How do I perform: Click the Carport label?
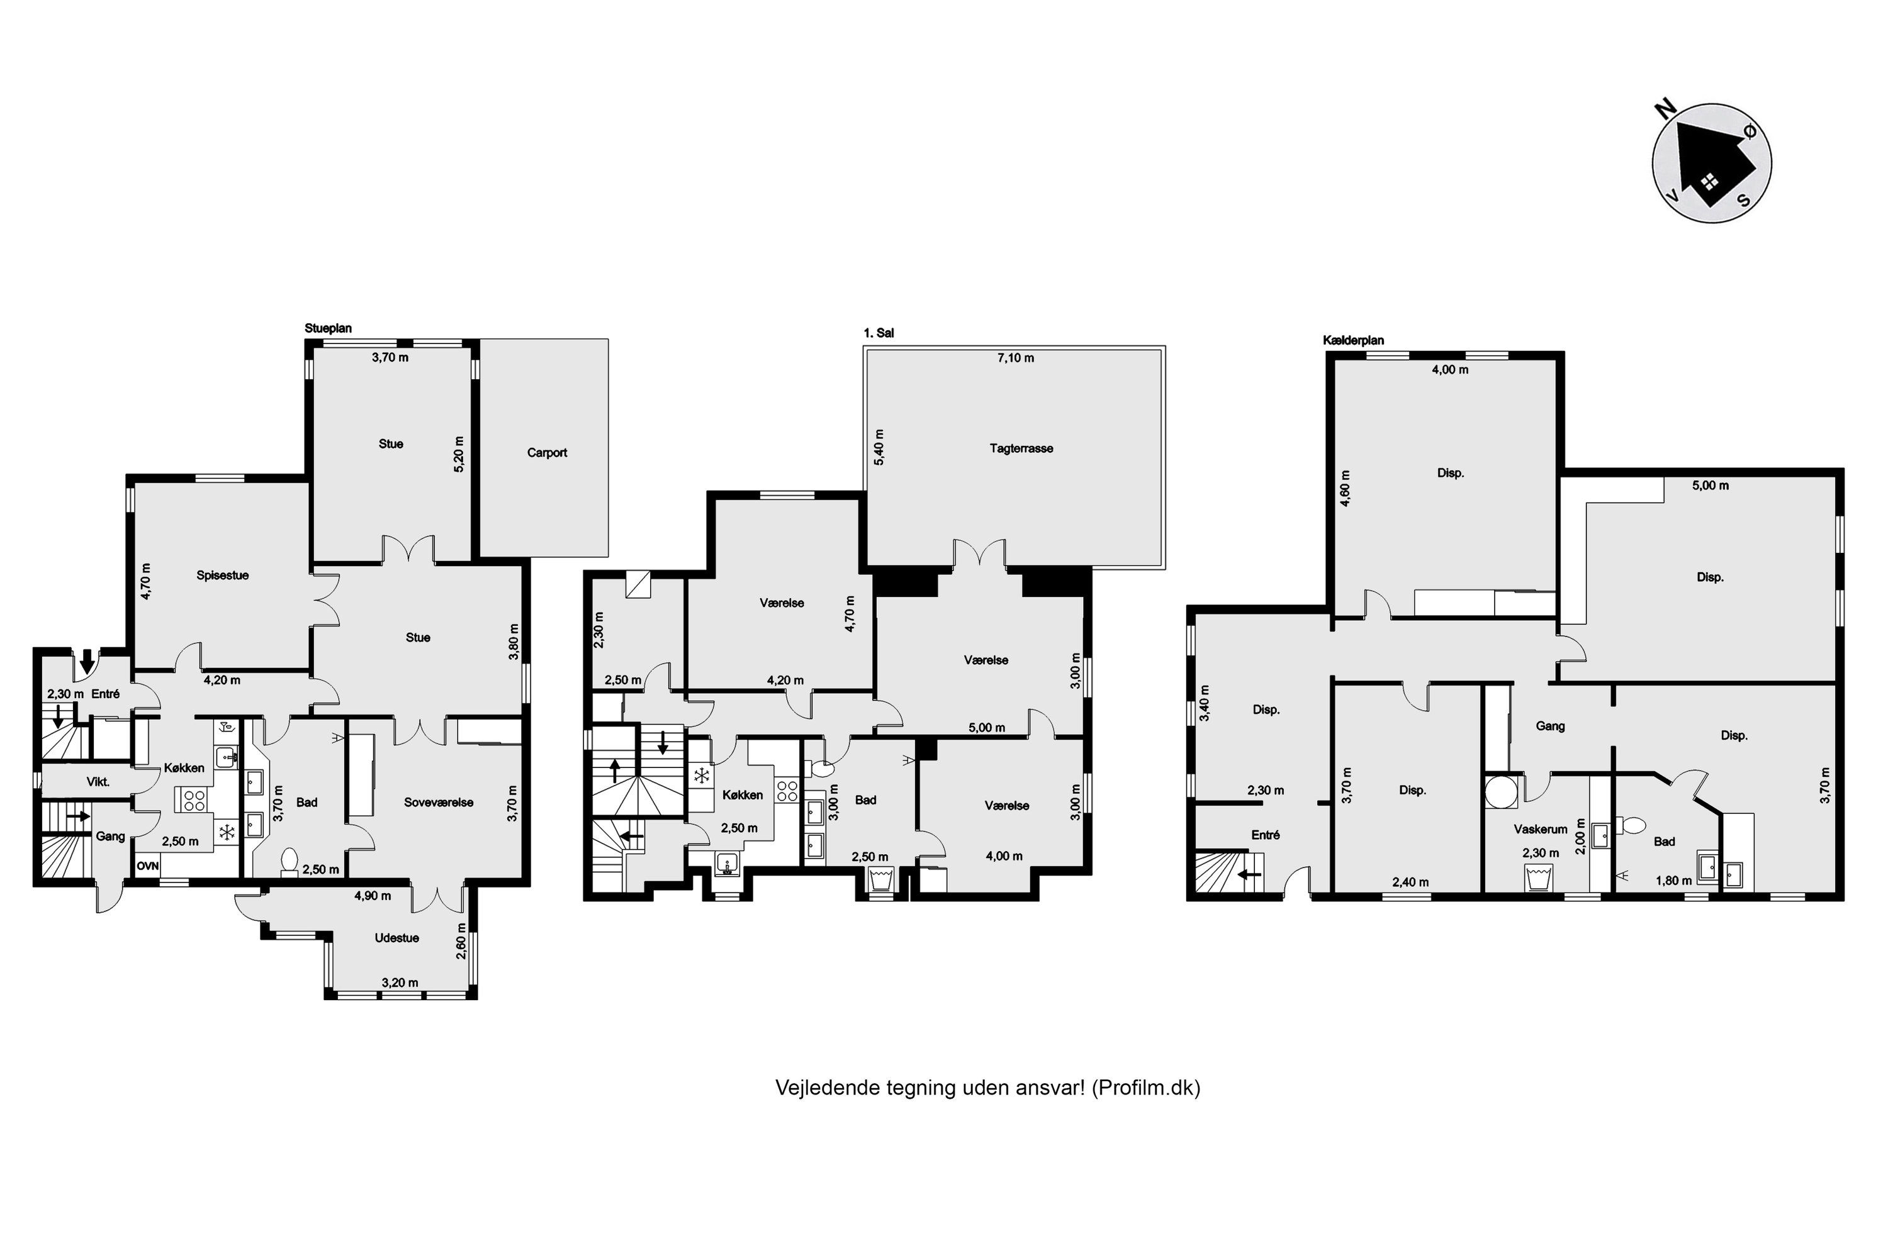pyautogui.click(x=547, y=452)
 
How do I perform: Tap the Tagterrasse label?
pyautogui.click(x=1021, y=448)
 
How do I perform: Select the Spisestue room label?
pyautogui.click(x=222, y=576)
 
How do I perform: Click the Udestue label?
pyautogui.click(x=396, y=938)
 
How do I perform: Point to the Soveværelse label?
pyautogui.click(x=438, y=803)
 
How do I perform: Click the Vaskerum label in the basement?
pyautogui.click(x=1541, y=830)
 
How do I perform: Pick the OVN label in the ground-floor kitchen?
pyautogui.click(x=148, y=867)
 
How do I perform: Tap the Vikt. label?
pyautogui.click(x=98, y=781)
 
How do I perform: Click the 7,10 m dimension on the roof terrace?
pyautogui.click(x=1016, y=358)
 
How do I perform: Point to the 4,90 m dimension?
pyautogui.click(x=373, y=895)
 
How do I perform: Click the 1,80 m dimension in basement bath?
pyautogui.click(x=1673, y=880)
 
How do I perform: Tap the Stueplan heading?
pyautogui.click(x=329, y=328)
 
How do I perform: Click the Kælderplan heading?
pyautogui.click(x=1354, y=340)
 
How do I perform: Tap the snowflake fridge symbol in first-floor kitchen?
pyautogui.click(x=702, y=776)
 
